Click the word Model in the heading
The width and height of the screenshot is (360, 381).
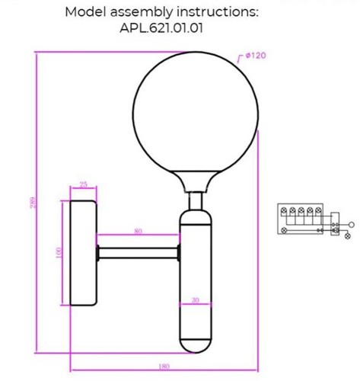point(84,11)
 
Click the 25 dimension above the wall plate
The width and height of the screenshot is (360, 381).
point(83,184)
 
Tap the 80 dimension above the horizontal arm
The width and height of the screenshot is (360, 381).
point(138,231)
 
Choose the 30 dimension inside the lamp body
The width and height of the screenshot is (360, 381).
point(196,299)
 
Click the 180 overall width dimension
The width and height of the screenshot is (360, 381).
point(164,367)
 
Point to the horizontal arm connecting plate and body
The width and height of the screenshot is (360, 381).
point(138,252)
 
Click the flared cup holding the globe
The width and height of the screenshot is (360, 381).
point(197,181)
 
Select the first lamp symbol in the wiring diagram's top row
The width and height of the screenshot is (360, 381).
point(285,213)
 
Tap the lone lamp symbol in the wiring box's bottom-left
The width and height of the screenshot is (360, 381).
point(285,229)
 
